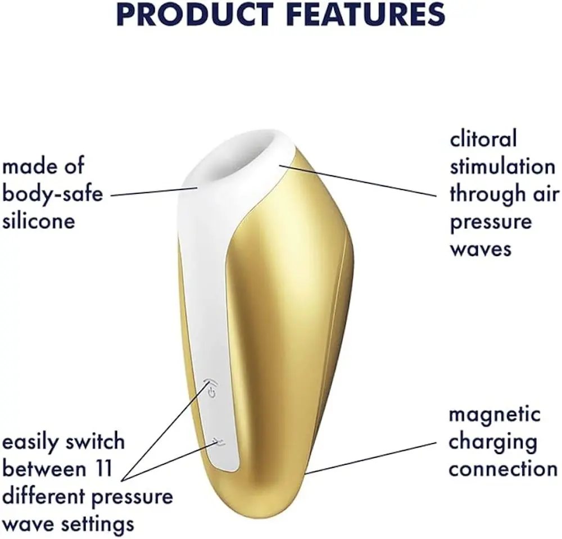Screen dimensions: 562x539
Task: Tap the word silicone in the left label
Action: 39,221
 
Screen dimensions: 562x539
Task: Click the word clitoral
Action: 483,139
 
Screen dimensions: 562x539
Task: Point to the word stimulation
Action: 502,166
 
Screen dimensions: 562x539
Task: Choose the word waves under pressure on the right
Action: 481,249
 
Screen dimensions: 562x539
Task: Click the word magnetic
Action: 495,415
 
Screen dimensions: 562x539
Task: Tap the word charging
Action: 493,442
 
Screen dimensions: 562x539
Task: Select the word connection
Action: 503,469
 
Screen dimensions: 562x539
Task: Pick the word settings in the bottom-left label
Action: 97,524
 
